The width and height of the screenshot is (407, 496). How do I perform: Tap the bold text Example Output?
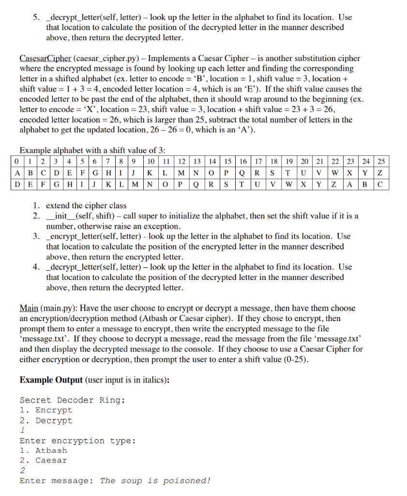click(51, 379)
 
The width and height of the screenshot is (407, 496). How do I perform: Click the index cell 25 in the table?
click(381, 161)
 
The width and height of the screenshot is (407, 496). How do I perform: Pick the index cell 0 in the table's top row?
click(16, 161)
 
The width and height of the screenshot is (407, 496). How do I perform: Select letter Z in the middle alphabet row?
click(381, 172)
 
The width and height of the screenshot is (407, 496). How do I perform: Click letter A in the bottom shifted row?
click(350, 184)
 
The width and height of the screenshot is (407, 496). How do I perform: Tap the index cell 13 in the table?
click(197, 161)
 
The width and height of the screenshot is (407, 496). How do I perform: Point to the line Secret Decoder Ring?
click(73, 400)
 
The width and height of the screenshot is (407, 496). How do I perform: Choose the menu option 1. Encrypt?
click(46, 410)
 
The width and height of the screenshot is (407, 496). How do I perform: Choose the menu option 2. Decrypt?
click(46, 420)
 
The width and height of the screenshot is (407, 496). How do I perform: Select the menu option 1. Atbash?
click(44, 450)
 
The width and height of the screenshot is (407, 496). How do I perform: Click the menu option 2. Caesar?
click(44, 461)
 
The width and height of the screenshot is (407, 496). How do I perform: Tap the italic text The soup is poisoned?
click(155, 480)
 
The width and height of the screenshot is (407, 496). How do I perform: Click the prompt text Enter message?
click(57, 480)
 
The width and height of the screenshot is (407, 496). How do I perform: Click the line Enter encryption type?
click(77, 441)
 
